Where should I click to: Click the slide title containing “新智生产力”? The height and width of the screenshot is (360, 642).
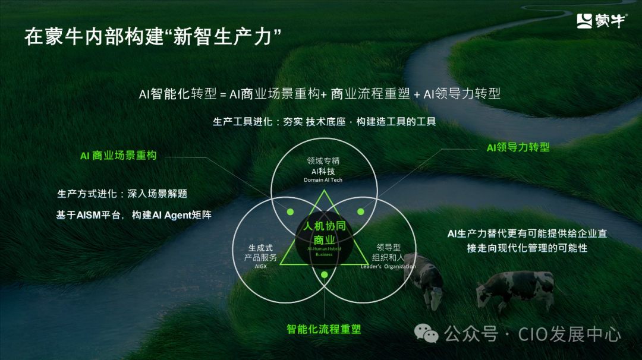point(153,36)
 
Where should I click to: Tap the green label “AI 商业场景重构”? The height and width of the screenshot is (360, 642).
point(118,156)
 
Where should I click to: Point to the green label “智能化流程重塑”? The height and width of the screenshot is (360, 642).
point(324,329)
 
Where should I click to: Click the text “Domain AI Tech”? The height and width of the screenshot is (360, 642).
point(323,180)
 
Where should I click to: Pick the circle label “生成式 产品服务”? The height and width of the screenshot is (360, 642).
point(261,253)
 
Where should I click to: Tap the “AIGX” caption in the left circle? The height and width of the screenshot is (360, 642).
point(261,267)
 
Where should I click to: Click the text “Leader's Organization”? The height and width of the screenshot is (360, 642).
point(388,267)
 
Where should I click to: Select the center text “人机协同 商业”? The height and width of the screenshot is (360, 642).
point(324,233)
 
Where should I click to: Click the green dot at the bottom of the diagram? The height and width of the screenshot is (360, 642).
point(324,274)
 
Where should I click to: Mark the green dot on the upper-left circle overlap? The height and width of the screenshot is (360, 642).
point(290,211)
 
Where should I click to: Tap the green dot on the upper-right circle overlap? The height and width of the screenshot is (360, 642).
point(360,211)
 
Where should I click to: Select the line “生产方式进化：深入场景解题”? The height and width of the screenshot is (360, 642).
point(126,194)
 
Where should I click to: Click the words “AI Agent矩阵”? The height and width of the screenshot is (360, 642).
point(182,215)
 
